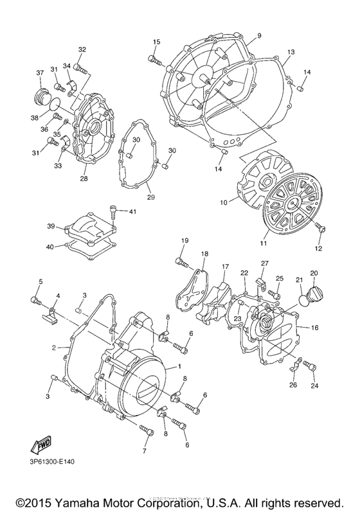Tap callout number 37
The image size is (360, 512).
pyautogui.click(x=39, y=72)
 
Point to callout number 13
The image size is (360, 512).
pyautogui.click(x=291, y=51)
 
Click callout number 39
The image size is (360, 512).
pyautogui.click(x=50, y=227)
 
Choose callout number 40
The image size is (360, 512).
pyautogui.click(x=50, y=247)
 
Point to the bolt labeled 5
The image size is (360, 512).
pyautogui.click(x=37, y=300)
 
